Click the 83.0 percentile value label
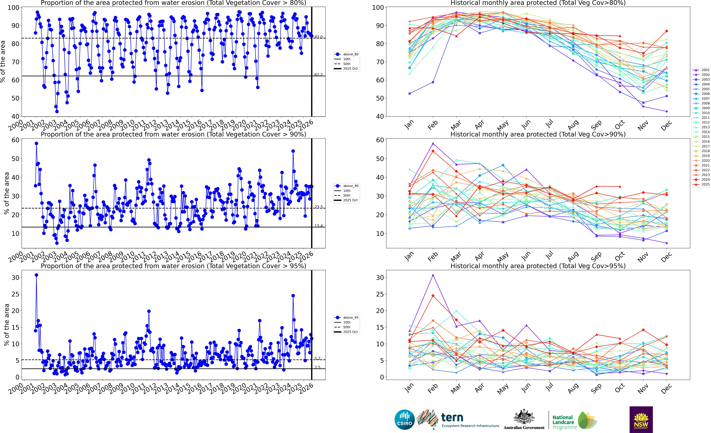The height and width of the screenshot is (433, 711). click(319, 37)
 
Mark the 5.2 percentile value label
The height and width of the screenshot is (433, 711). click(317, 358)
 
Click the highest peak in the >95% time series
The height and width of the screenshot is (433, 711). click(36, 275)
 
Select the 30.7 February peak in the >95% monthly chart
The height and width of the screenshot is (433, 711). click(433, 275)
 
